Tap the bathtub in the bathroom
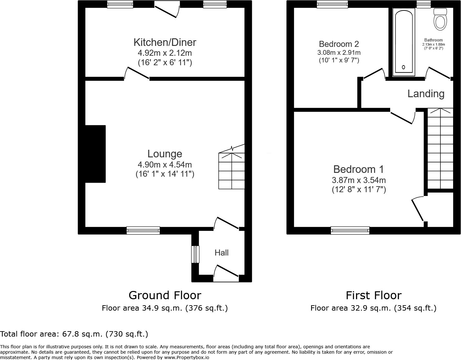pos(403,42)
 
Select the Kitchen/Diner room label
pos(165,42)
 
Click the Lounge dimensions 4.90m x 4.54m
pos(165,165)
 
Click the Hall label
pos(221,253)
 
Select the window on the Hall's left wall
pos(195,254)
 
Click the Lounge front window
pos(143,231)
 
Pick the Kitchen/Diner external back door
pos(167,9)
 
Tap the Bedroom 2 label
pos(339,44)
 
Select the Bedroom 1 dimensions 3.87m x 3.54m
pos(358,180)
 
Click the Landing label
pos(426,94)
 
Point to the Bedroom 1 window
pos(350,231)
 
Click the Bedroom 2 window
pos(332,4)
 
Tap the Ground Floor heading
pos(165,295)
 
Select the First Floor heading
pos(373,295)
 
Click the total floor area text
pos(74,334)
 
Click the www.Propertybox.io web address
pos(186,357)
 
